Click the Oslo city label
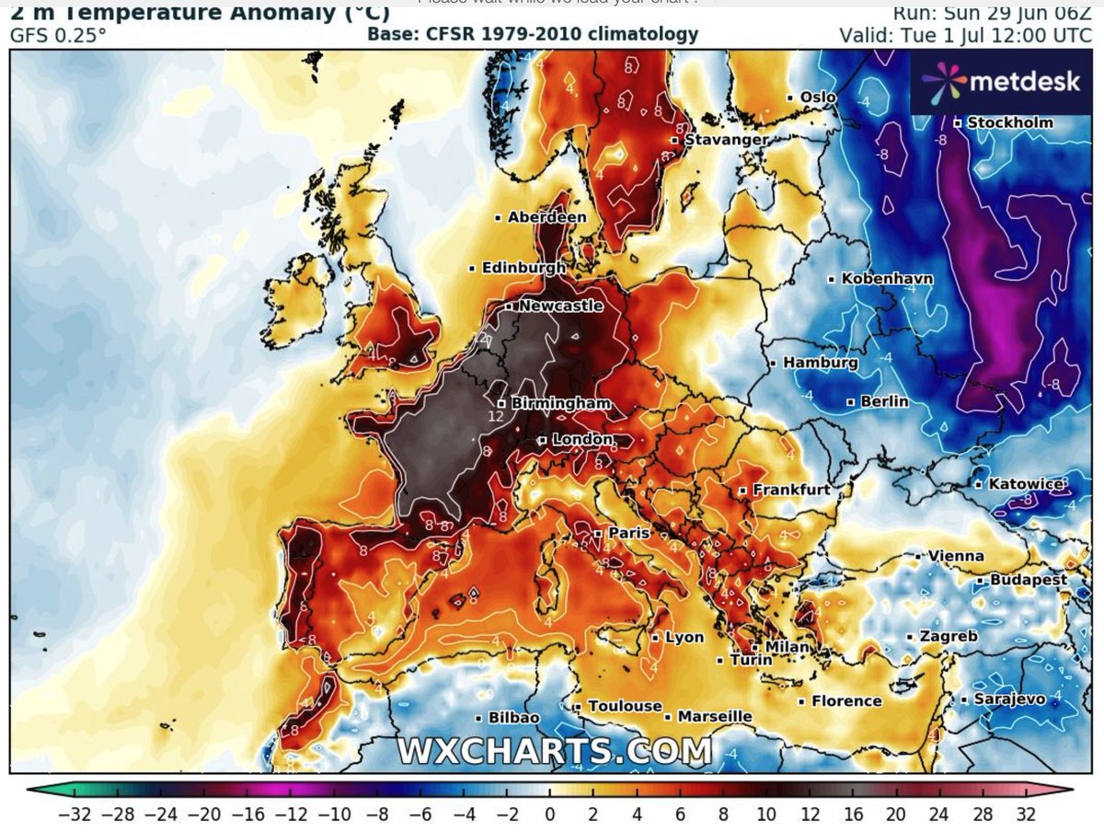(818, 97)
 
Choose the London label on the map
(581, 440)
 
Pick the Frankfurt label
(791, 491)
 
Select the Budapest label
(1029, 580)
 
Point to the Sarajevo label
(1009, 699)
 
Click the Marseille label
(714, 716)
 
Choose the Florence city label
(846, 701)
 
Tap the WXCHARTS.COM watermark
(554, 749)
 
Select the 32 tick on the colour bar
(1026, 814)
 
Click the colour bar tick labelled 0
(549, 814)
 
